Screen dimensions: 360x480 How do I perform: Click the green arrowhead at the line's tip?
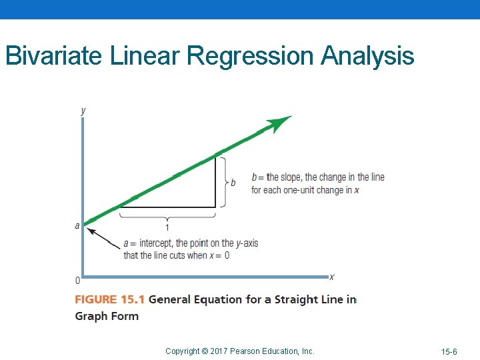point(280,123)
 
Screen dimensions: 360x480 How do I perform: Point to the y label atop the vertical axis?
point(83,111)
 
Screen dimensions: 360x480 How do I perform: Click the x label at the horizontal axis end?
point(332,277)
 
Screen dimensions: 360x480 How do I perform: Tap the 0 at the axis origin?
point(77,280)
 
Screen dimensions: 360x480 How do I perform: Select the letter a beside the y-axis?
point(77,226)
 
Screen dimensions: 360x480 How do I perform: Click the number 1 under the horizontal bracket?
point(167,227)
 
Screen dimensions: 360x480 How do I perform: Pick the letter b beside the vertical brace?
point(233,183)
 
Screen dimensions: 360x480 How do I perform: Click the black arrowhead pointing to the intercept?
point(93,232)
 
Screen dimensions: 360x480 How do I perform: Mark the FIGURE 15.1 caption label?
point(109,300)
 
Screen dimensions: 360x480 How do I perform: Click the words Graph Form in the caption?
point(107,316)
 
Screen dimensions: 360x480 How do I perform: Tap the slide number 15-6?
point(449,351)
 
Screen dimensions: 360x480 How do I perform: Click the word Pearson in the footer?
point(246,351)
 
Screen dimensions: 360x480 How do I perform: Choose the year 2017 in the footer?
point(219,351)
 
